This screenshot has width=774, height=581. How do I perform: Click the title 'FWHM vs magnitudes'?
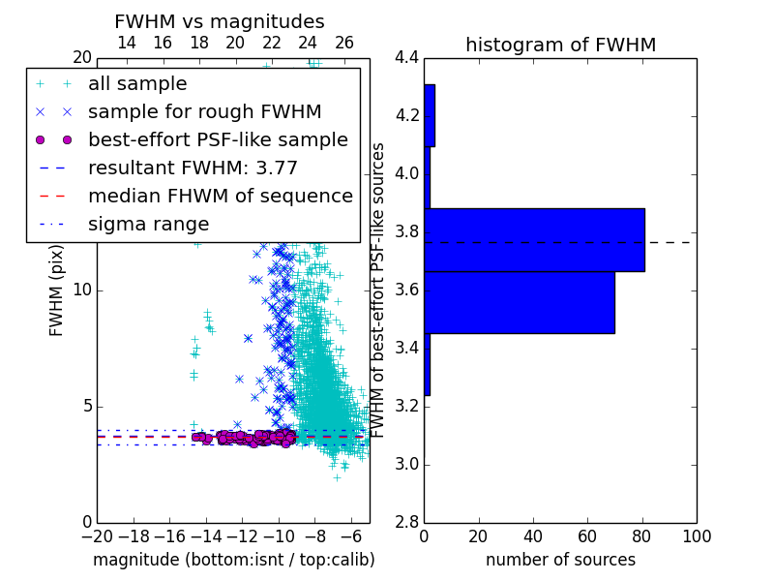coord(220,21)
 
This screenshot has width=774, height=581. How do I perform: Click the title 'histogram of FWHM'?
coord(561,45)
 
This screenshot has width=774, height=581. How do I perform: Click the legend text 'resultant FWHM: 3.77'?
coord(193,168)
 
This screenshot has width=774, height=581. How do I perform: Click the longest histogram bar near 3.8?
coord(535,240)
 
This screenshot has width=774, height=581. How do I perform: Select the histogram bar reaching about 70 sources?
coord(520,302)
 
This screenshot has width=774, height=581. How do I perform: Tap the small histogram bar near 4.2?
coord(430,115)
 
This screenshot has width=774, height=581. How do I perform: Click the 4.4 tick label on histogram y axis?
coord(406,58)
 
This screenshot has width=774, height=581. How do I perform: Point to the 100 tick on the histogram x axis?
coord(697,536)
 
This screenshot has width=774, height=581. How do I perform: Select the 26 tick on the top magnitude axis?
coord(344,43)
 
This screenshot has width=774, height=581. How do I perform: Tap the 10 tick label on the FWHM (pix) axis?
coord(82,290)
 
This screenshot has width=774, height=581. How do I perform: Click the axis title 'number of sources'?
coord(561,560)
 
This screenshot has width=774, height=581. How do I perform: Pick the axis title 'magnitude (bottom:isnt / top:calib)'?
coord(234,560)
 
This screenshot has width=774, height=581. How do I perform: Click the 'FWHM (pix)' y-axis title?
coord(56,290)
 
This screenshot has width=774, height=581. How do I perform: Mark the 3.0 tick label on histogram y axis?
coord(406,465)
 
